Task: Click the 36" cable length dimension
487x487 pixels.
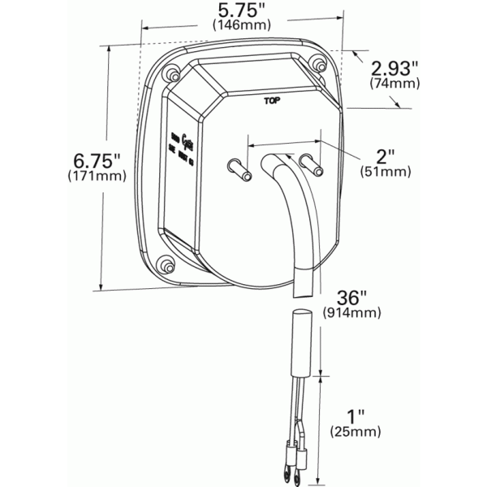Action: click(350, 296)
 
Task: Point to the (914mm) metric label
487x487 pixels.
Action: click(350, 312)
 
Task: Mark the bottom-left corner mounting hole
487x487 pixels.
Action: click(166, 266)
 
